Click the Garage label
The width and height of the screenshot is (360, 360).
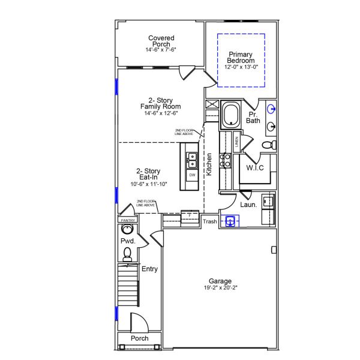[220, 281]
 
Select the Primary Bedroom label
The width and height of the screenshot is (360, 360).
[241, 58]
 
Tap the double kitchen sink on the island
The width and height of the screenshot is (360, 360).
[192, 160]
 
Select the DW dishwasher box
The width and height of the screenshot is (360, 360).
[192, 175]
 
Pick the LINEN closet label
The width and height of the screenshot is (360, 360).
[237, 142]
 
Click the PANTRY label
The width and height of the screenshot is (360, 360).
[128, 220]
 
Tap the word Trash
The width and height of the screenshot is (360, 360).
[209, 221]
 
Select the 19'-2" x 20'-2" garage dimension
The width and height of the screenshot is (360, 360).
[220, 288]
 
